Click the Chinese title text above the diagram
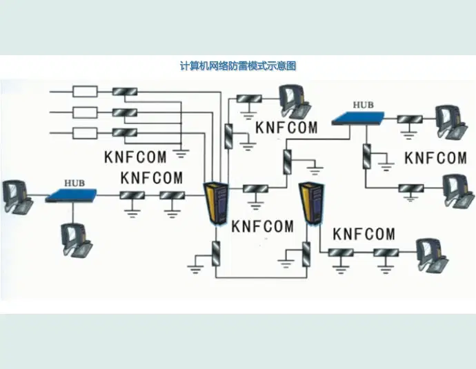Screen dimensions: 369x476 pos(237,66)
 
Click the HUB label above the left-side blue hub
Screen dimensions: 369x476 pos(74,183)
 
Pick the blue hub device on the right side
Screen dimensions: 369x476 pos(359,117)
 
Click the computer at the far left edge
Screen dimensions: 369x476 pos(14,196)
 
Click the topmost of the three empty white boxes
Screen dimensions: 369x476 pos(85,91)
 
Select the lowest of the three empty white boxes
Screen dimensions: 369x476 pos(85,132)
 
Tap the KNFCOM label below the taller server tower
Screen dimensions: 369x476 pos(262,226)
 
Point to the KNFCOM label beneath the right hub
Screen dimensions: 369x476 pos(435,158)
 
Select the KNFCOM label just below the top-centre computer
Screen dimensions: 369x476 pos(286,128)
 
